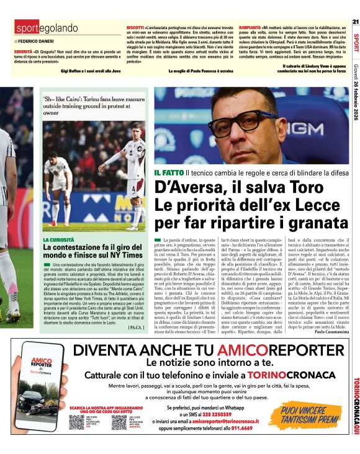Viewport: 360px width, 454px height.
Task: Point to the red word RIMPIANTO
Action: click(x=249, y=29)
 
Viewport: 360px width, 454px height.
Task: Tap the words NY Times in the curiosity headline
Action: click(x=118, y=256)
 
